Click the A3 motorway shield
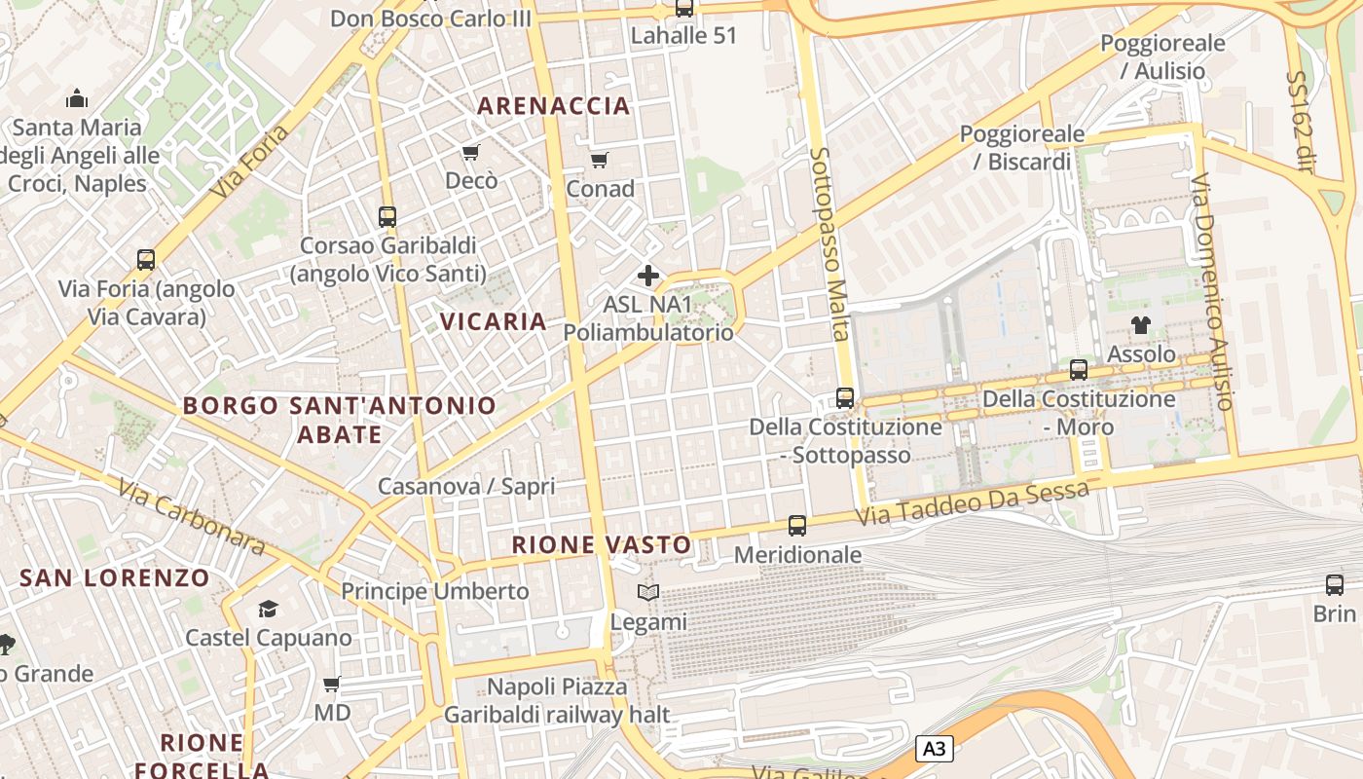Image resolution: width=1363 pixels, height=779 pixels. (x=934, y=749)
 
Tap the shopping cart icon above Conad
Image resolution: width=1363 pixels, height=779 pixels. (x=599, y=160)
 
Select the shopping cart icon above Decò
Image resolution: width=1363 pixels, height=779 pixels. (x=471, y=152)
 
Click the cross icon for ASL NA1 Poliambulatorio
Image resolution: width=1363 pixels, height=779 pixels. (x=647, y=276)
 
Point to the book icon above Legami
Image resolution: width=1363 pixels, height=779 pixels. (x=647, y=592)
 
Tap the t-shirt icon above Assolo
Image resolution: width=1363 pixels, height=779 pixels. (x=1140, y=325)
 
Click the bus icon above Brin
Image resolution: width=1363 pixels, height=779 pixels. (x=1334, y=585)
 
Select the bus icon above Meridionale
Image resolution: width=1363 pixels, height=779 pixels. (x=797, y=526)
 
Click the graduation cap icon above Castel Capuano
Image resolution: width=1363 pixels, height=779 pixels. (x=268, y=610)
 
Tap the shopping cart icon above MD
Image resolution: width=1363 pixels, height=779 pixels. (x=331, y=684)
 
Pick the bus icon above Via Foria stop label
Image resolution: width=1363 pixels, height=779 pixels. (x=146, y=260)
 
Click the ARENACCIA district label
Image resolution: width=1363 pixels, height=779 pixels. (x=554, y=106)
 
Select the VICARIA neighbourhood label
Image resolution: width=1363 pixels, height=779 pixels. (x=493, y=321)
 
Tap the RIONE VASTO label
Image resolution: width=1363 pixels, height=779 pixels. (x=602, y=545)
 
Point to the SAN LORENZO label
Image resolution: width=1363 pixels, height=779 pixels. (x=115, y=577)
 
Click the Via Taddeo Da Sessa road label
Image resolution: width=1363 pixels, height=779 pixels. (x=973, y=502)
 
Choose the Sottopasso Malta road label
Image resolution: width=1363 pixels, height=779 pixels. (x=829, y=244)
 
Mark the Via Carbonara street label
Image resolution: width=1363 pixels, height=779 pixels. (x=191, y=516)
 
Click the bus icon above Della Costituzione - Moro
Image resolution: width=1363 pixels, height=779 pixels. (x=1078, y=370)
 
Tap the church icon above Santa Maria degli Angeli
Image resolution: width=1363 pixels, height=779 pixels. (x=77, y=98)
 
